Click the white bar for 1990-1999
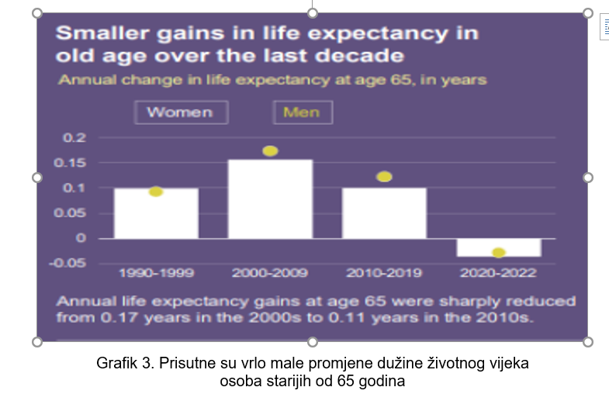(156, 213)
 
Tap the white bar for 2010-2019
(384, 213)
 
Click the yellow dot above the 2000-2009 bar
(270, 151)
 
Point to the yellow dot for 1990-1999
(156, 192)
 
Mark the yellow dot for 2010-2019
(384, 177)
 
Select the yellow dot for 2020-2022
(498, 253)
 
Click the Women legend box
(180, 112)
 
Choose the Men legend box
(302, 112)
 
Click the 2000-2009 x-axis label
(270, 273)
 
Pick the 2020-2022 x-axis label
(498, 273)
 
